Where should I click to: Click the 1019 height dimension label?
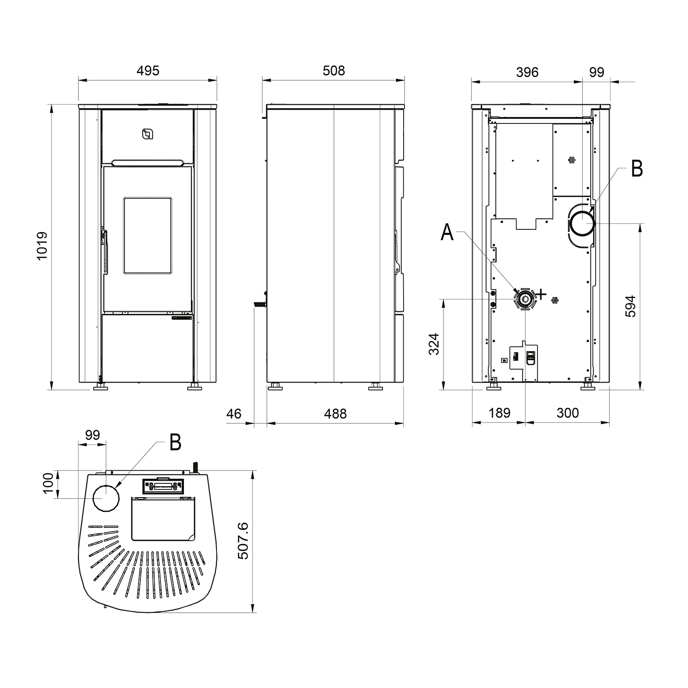tap(42, 246)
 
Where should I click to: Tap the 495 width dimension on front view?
tap(148, 71)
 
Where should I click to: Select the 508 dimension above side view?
tap(333, 71)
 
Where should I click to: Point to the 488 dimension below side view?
tap(335, 414)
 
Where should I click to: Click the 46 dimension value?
tap(234, 414)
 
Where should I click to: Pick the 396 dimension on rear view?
tap(527, 72)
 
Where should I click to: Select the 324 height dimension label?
tap(434, 344)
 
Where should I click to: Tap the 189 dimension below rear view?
tap(499, 413)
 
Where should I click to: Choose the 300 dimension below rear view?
tap(568, 413)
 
